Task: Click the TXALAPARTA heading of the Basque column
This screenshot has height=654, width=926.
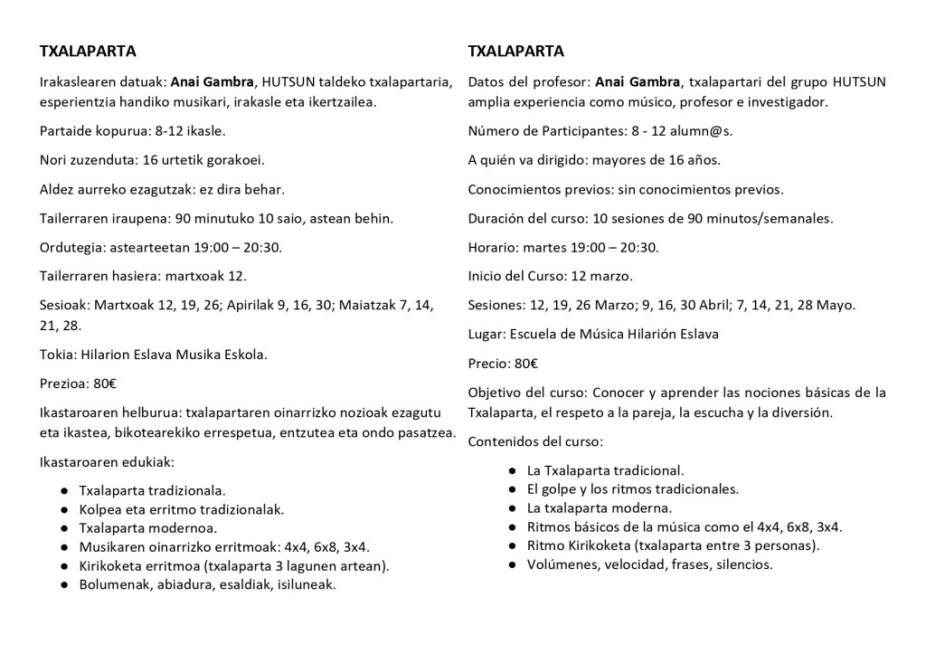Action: tap(88, 51)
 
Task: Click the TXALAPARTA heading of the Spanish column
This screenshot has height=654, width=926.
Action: tap(515, 51)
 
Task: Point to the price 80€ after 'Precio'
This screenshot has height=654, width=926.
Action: tap(526, 364)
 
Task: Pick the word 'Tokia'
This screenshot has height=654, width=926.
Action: tap(56, 354)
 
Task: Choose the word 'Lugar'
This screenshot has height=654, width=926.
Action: tap(487, 335)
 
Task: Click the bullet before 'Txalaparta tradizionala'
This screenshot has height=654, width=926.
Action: tap(63, 490)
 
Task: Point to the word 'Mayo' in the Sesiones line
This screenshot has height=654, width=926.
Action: tap(835, 305)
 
